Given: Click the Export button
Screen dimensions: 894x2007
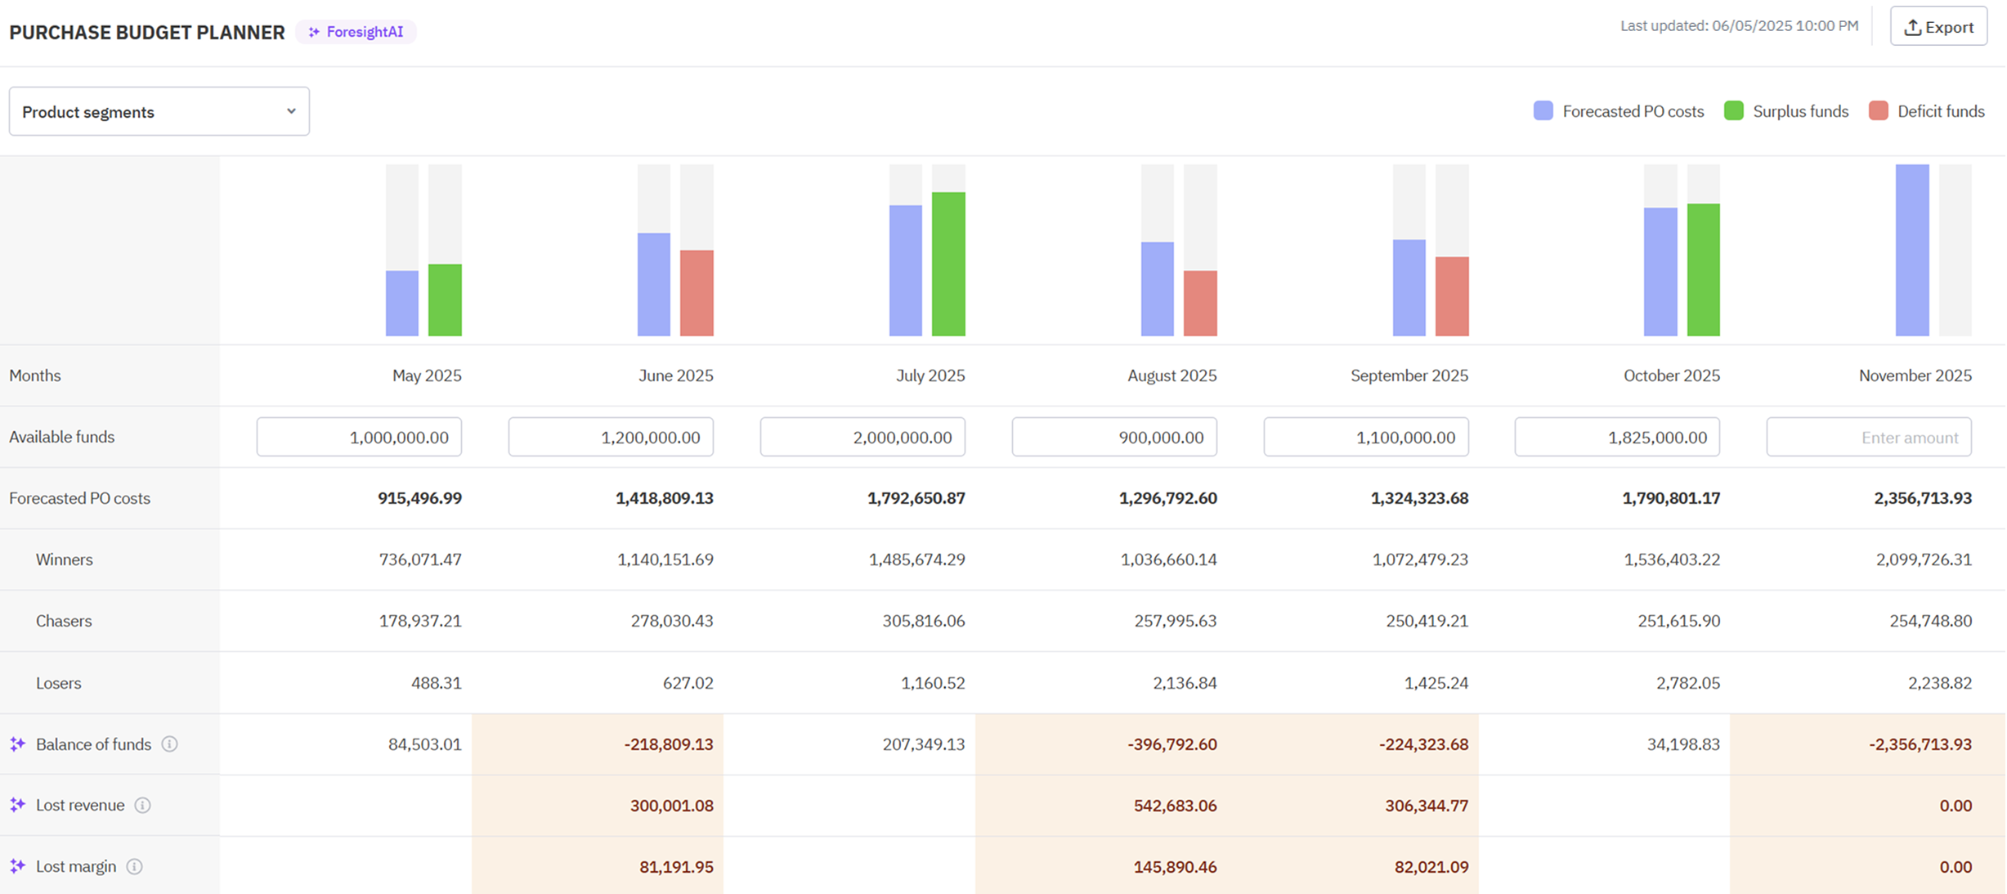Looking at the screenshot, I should pyautogui.click(x=1938, y=27).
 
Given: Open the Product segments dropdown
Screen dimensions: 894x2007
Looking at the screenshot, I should pyautogui.click(x=159, y=111).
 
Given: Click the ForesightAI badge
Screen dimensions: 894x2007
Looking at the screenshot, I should pyautogui.click(x=356, y=32).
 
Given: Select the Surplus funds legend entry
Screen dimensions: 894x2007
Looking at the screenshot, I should pyautogui.click(x=1786, y=111).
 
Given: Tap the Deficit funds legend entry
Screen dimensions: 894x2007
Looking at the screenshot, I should pyautogui.click(x=1927, y=111).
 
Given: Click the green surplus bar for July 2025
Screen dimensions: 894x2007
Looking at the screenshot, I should pyautogui.click(x=948, y=264).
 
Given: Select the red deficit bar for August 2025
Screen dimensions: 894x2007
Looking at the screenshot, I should pyautogui.click(x=1200, y=303).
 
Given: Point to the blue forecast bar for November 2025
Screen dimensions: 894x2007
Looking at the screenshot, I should pyautogui.click(x=1912, y=250).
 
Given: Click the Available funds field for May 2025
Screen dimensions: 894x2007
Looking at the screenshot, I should pyautogui.click(x=359, y=438).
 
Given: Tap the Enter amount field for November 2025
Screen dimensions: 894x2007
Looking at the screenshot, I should pyautogui.click(x=1869, y=438).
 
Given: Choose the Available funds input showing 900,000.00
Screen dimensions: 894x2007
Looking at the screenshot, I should pyautogui.click(x=1114, y=438).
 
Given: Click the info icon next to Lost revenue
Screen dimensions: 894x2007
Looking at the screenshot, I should pyautogui.click(x=142, y=806).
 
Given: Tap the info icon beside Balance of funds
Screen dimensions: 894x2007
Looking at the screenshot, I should pyautogui.click(x=169, y=744).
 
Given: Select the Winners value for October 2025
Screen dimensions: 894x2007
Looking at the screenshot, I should pyautogui.click(x=1672, y=559).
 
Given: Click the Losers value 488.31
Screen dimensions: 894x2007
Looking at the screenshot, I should pyautogui.click(x=437, y=683).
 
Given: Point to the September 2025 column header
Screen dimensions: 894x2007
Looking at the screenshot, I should pyautogui.click(x=1409, y=375).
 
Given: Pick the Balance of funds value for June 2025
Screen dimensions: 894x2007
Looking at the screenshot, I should pyautogui.click(x=669, y=744).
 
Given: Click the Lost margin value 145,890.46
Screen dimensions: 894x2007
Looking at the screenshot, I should pyautogui.click(x=1175, y=867).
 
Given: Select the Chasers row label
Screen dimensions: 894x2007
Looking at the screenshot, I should pyautogui.click(x=64, y=621).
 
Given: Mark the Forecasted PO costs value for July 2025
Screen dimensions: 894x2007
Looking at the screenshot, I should pyautogui.click(x=916, y=498).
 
